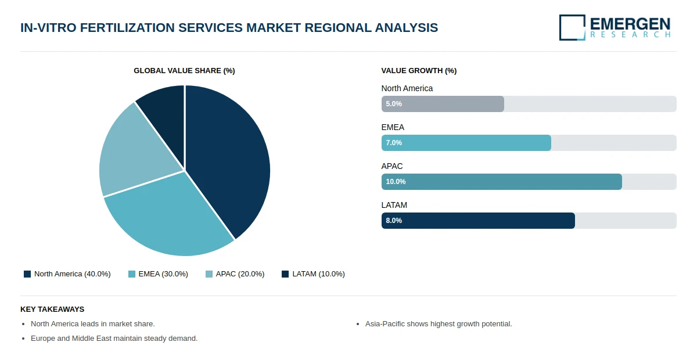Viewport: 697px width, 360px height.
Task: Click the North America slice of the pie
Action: point(232,157)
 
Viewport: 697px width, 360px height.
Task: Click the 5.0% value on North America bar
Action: point(394,104)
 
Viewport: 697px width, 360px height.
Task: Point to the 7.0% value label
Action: point(394,143)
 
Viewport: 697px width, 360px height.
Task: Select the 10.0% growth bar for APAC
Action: point(501,182)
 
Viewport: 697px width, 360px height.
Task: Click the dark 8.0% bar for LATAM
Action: point(478,221)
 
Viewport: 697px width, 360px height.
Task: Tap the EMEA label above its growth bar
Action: point(393,127)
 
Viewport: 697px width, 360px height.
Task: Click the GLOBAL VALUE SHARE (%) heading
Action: point(184,71)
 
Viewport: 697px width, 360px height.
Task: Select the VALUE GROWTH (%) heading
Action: point(419,71)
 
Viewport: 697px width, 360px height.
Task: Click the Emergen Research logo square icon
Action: point(572,27)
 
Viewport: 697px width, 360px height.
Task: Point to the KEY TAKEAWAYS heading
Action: point(52,309)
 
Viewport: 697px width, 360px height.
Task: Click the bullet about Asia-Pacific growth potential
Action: point(439,324)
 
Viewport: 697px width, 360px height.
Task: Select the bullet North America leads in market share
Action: point(93,324)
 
